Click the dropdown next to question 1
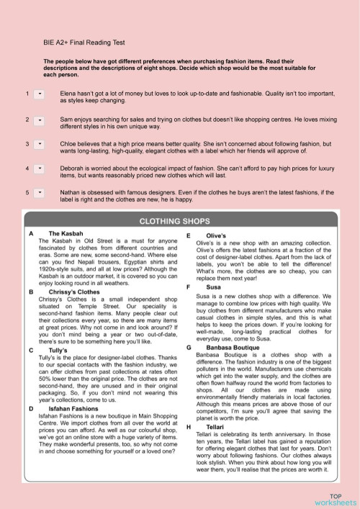(x=39, y=94)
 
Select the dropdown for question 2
(x=39, y=119)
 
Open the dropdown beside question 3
(x=39, y=144)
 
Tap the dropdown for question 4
(x=39, y=168)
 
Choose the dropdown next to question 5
(x=39, y=193)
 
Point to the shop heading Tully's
(x=58, y=330)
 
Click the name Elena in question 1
(x=68, y=94)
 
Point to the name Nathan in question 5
(x=71, y=193)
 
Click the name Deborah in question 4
(x=73, y=168)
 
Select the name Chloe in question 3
(x=69, y=144)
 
